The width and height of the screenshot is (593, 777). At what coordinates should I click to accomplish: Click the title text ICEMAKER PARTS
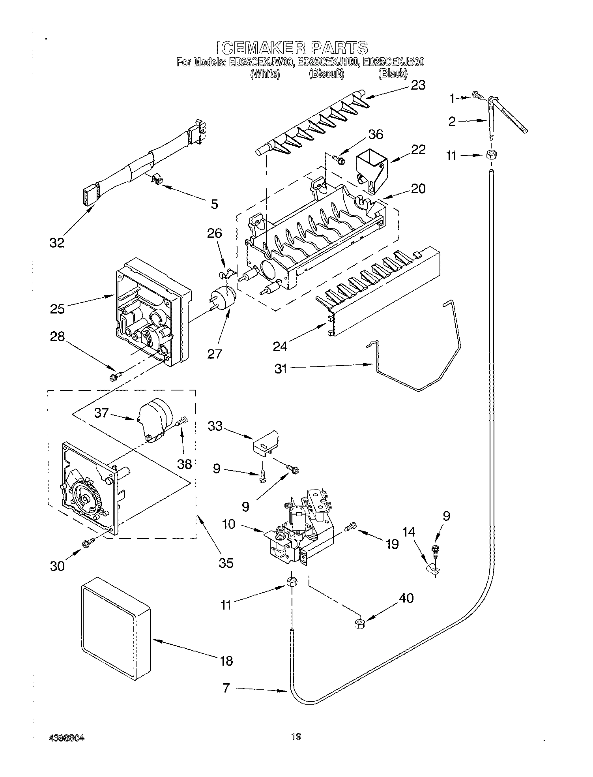(292, 47)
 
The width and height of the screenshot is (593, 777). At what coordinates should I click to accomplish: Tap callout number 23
(418, 85)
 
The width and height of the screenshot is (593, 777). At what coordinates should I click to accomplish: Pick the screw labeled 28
(114, 377)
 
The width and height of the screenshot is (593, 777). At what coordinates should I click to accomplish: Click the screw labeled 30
(86, 544)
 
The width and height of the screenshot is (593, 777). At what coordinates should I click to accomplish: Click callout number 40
(406, 598)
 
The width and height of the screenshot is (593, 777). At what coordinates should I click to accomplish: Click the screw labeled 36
(339, 159)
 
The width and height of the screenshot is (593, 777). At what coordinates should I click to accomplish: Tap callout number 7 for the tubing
(226, 688)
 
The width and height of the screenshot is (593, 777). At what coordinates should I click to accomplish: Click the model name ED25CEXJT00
(327, 62)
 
